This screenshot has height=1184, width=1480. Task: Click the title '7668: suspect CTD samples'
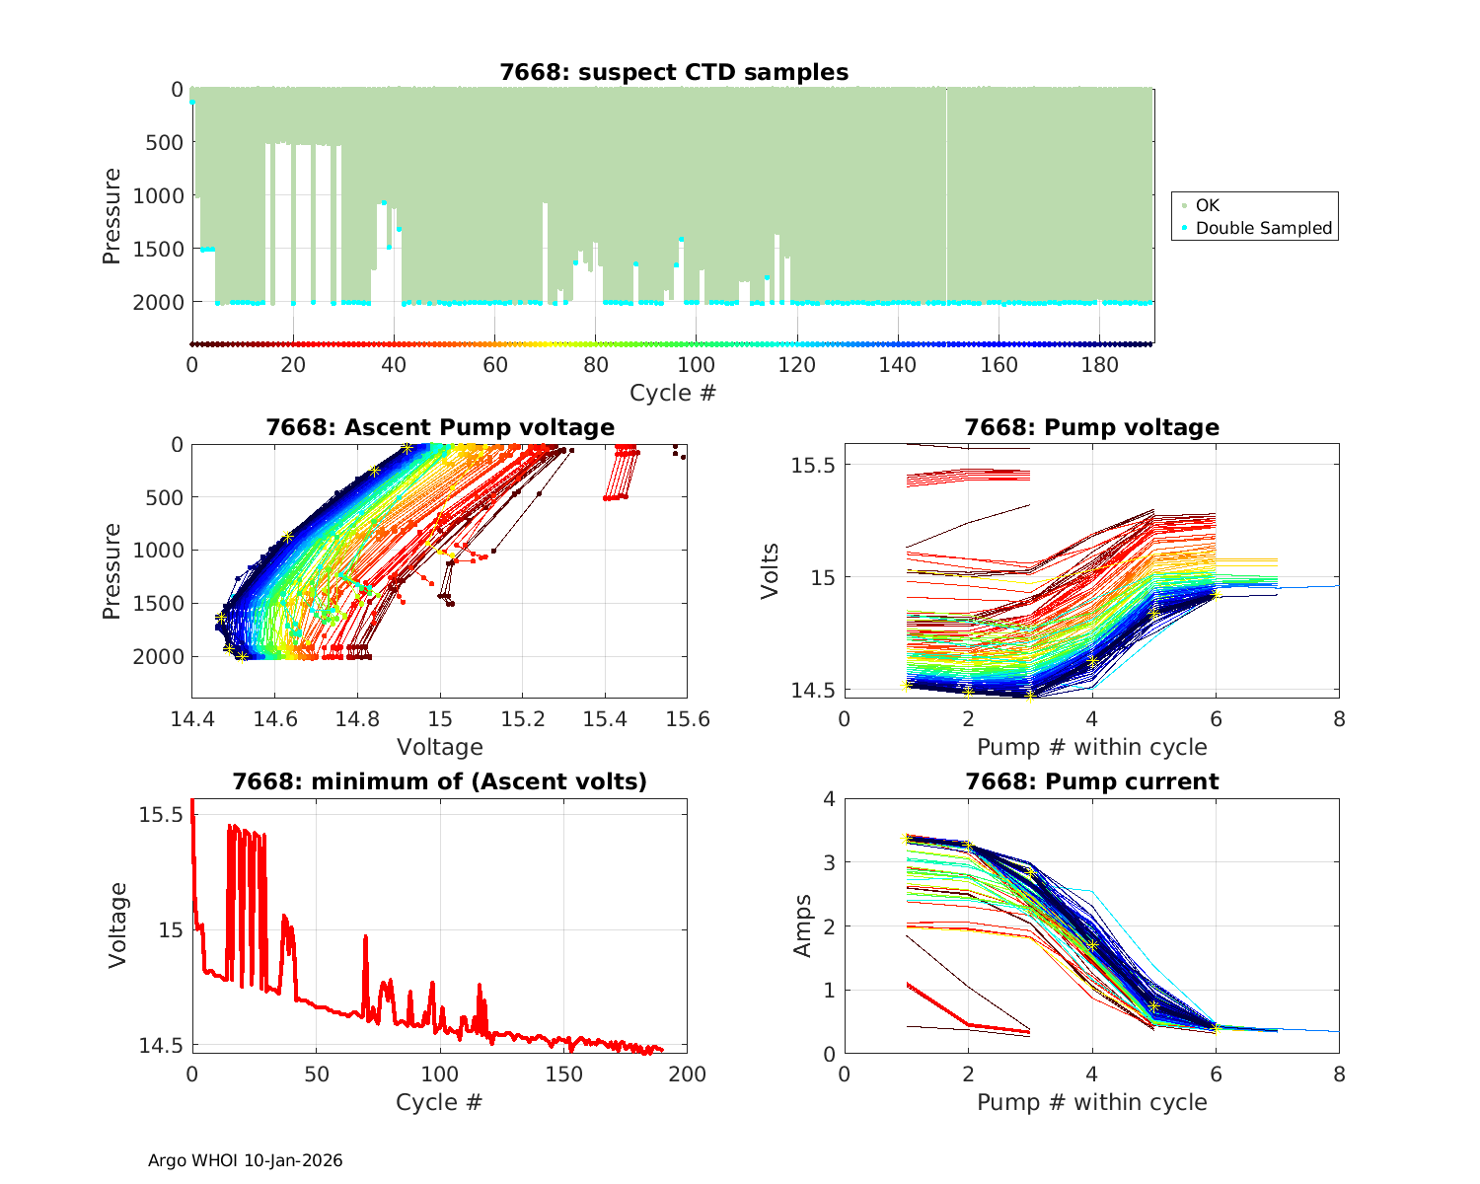click(674, 72)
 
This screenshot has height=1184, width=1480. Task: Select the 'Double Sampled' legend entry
click(1263, 228)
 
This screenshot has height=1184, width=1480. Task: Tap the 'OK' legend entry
click(1207, 205)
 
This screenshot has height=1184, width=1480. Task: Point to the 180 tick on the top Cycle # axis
click(1100, 365)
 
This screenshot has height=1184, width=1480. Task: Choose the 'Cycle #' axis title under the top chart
click(673, 393)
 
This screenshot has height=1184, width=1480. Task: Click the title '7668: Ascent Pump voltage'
click(440, 427)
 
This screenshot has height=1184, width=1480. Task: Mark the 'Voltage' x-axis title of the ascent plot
click(440, 747)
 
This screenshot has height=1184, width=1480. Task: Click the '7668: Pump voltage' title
click(1091, 427)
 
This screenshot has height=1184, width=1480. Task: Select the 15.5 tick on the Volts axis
click(813, 465)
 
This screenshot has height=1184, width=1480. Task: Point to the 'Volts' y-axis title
click(771, 570)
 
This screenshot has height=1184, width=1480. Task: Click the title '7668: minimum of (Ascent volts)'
click(440, 781)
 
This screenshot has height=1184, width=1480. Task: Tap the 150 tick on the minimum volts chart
click(564, 1073)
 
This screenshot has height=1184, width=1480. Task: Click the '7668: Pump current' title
click(1091, 781)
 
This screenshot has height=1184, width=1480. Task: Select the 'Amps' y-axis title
click(803, 925)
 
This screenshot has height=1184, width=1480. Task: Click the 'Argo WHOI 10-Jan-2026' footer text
click(245, 1160)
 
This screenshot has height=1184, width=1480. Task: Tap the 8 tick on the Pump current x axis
click(1339, 1073)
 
